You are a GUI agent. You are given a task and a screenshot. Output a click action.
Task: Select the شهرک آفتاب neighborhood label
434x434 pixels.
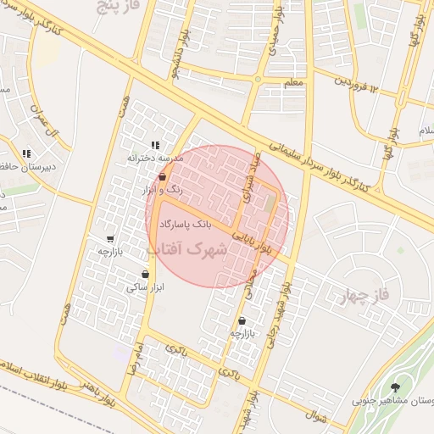(187, 250)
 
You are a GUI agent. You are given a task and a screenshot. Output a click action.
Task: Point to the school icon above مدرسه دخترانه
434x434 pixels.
(154, 144)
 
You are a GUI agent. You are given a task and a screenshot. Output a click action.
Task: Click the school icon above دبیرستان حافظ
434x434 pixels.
(26, 153)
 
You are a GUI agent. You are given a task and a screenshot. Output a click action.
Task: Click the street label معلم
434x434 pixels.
(294, 82)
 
